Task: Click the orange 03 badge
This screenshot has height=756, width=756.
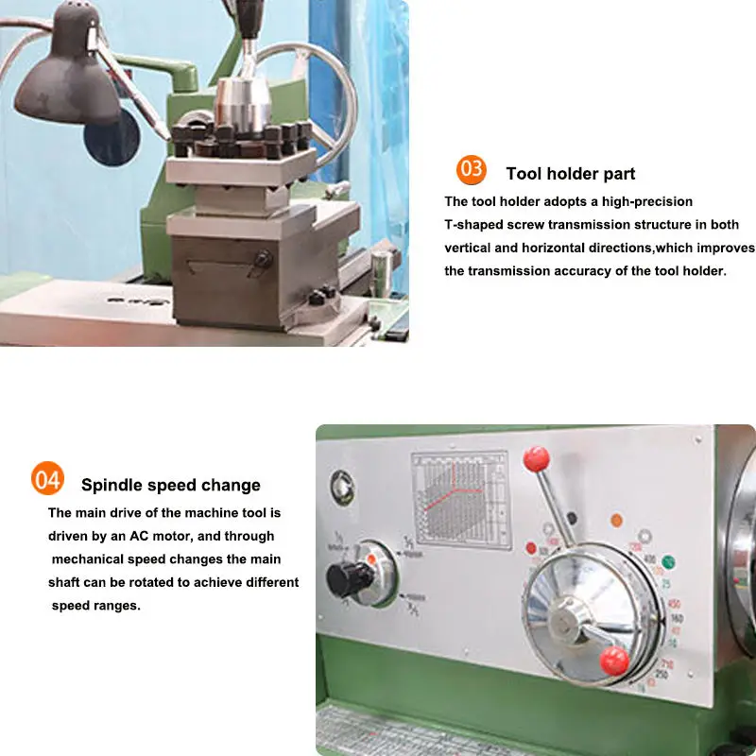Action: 471,170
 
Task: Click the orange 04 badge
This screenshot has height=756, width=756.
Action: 46,479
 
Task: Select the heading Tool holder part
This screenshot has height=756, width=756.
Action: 570,174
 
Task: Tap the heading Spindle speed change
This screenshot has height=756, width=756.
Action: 170,486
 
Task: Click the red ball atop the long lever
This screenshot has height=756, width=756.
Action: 537,459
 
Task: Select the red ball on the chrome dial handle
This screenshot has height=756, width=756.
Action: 613,661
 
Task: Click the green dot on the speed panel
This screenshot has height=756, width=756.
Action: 668,562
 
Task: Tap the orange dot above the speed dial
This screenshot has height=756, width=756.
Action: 616,520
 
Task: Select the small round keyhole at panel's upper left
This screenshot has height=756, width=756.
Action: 340,485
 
